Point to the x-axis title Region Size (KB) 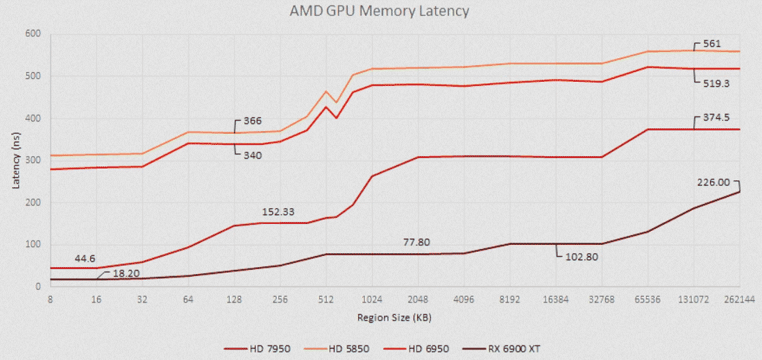[394, 318]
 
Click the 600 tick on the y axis [32, 34]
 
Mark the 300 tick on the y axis [32, 160]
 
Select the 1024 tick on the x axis [372, 300]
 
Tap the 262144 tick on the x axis [740, 300]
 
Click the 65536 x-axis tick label [647, 300]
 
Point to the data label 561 [712, 43]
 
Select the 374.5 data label [716, 117]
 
